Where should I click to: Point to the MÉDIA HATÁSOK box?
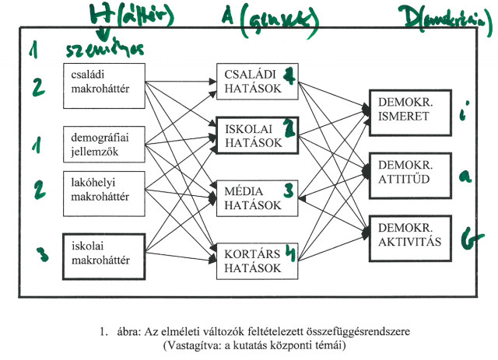(258, 197)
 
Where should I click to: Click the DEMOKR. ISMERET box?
(409, 110)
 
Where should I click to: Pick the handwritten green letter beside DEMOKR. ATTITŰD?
(465, 176)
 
